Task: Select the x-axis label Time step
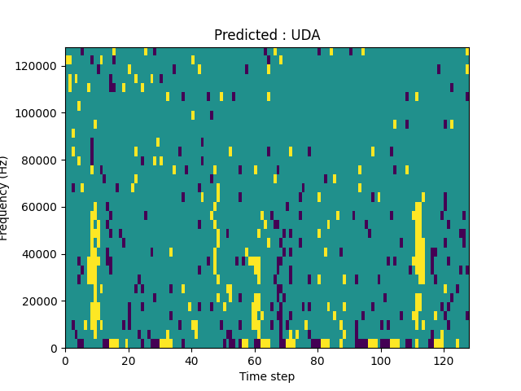pyautogui.click(x=267, y=376)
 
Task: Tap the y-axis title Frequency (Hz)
pyautogui.click(x=5, y=198)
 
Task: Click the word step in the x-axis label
pyautogui.click(x=281, y=377)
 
